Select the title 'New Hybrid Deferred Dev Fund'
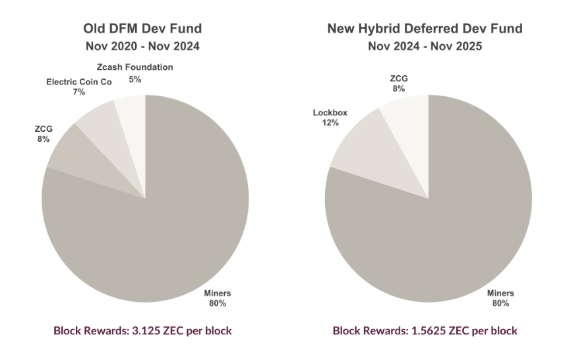click(x=425, y=29)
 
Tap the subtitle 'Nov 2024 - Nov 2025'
click(x=425, y=47)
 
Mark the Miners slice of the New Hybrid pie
click(x=448, y=218)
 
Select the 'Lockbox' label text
click(x=326, y=113)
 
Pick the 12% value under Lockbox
click(x=326, y=123)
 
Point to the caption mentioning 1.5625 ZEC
click(x=425, y=330)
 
